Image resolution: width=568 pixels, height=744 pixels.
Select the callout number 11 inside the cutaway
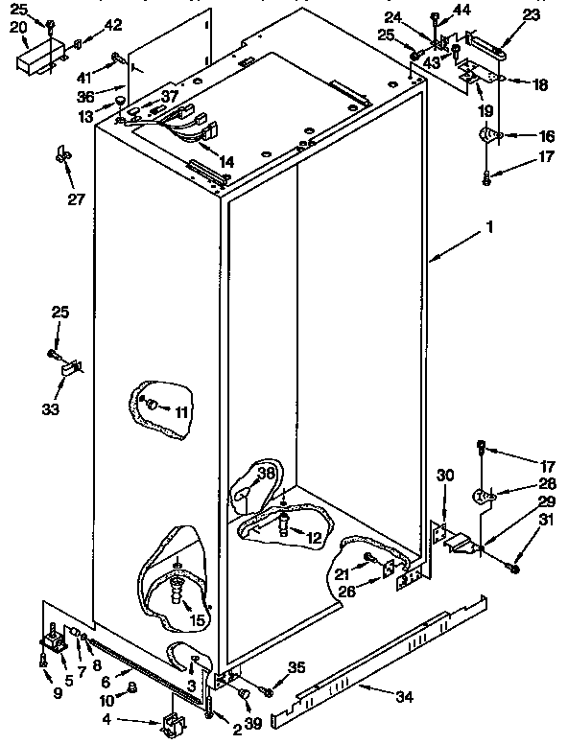180,412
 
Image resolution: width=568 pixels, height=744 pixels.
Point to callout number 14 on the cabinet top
225,161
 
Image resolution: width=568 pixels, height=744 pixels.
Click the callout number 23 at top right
532,14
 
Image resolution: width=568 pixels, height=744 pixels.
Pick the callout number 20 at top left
18,27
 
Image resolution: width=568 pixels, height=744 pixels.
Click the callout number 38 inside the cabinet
266,473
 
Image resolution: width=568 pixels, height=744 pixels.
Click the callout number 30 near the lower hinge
444,475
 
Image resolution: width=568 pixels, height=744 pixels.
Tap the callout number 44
462,11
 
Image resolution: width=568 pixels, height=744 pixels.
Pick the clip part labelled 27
64,153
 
